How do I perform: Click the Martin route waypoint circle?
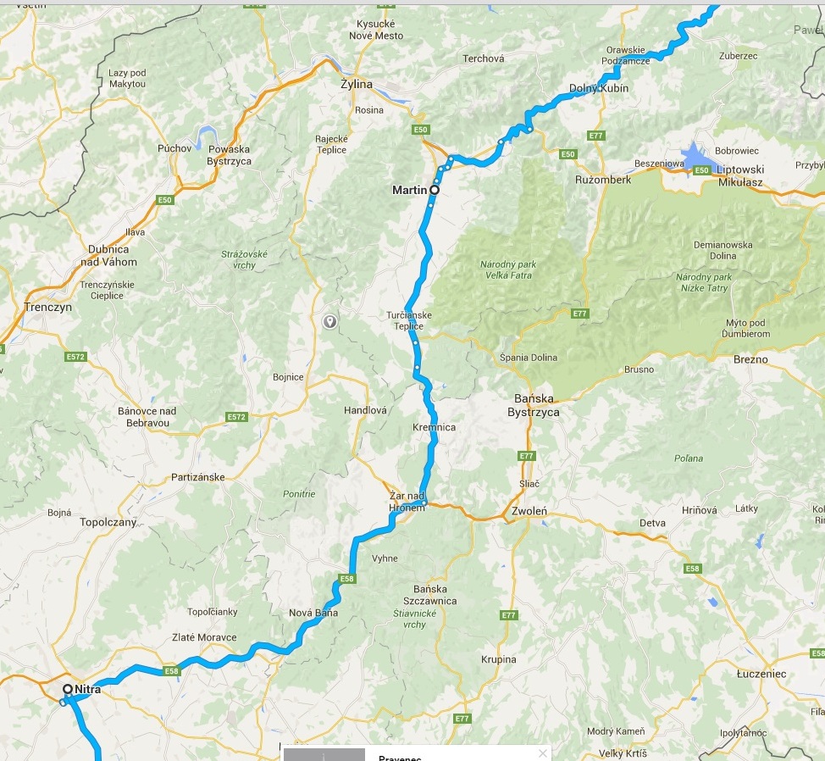(x=435, y=191)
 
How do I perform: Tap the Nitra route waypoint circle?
(x=67, y=689)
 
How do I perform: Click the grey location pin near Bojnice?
(x=329, y=321)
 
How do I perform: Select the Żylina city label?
(x=356, y=85)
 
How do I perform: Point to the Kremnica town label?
(x=435, y=427)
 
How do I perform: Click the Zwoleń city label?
(x=529, y=512)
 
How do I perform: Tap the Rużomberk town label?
(x=603, y=181)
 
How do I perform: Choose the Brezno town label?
(x=751, y=359)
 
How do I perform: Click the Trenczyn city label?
(x=48, y=308)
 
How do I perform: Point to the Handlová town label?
(x=365, y=410)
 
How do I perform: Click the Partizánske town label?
(x=198, y=477)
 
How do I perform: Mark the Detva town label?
(x=652, y=523)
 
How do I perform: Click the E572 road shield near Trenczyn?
(x=75, y=357)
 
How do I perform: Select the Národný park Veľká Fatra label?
(x=508, y=269)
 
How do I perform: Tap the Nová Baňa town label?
(x=313, y=613)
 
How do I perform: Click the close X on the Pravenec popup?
(x=542, y=753)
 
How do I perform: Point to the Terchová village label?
(x=483, y=58)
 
